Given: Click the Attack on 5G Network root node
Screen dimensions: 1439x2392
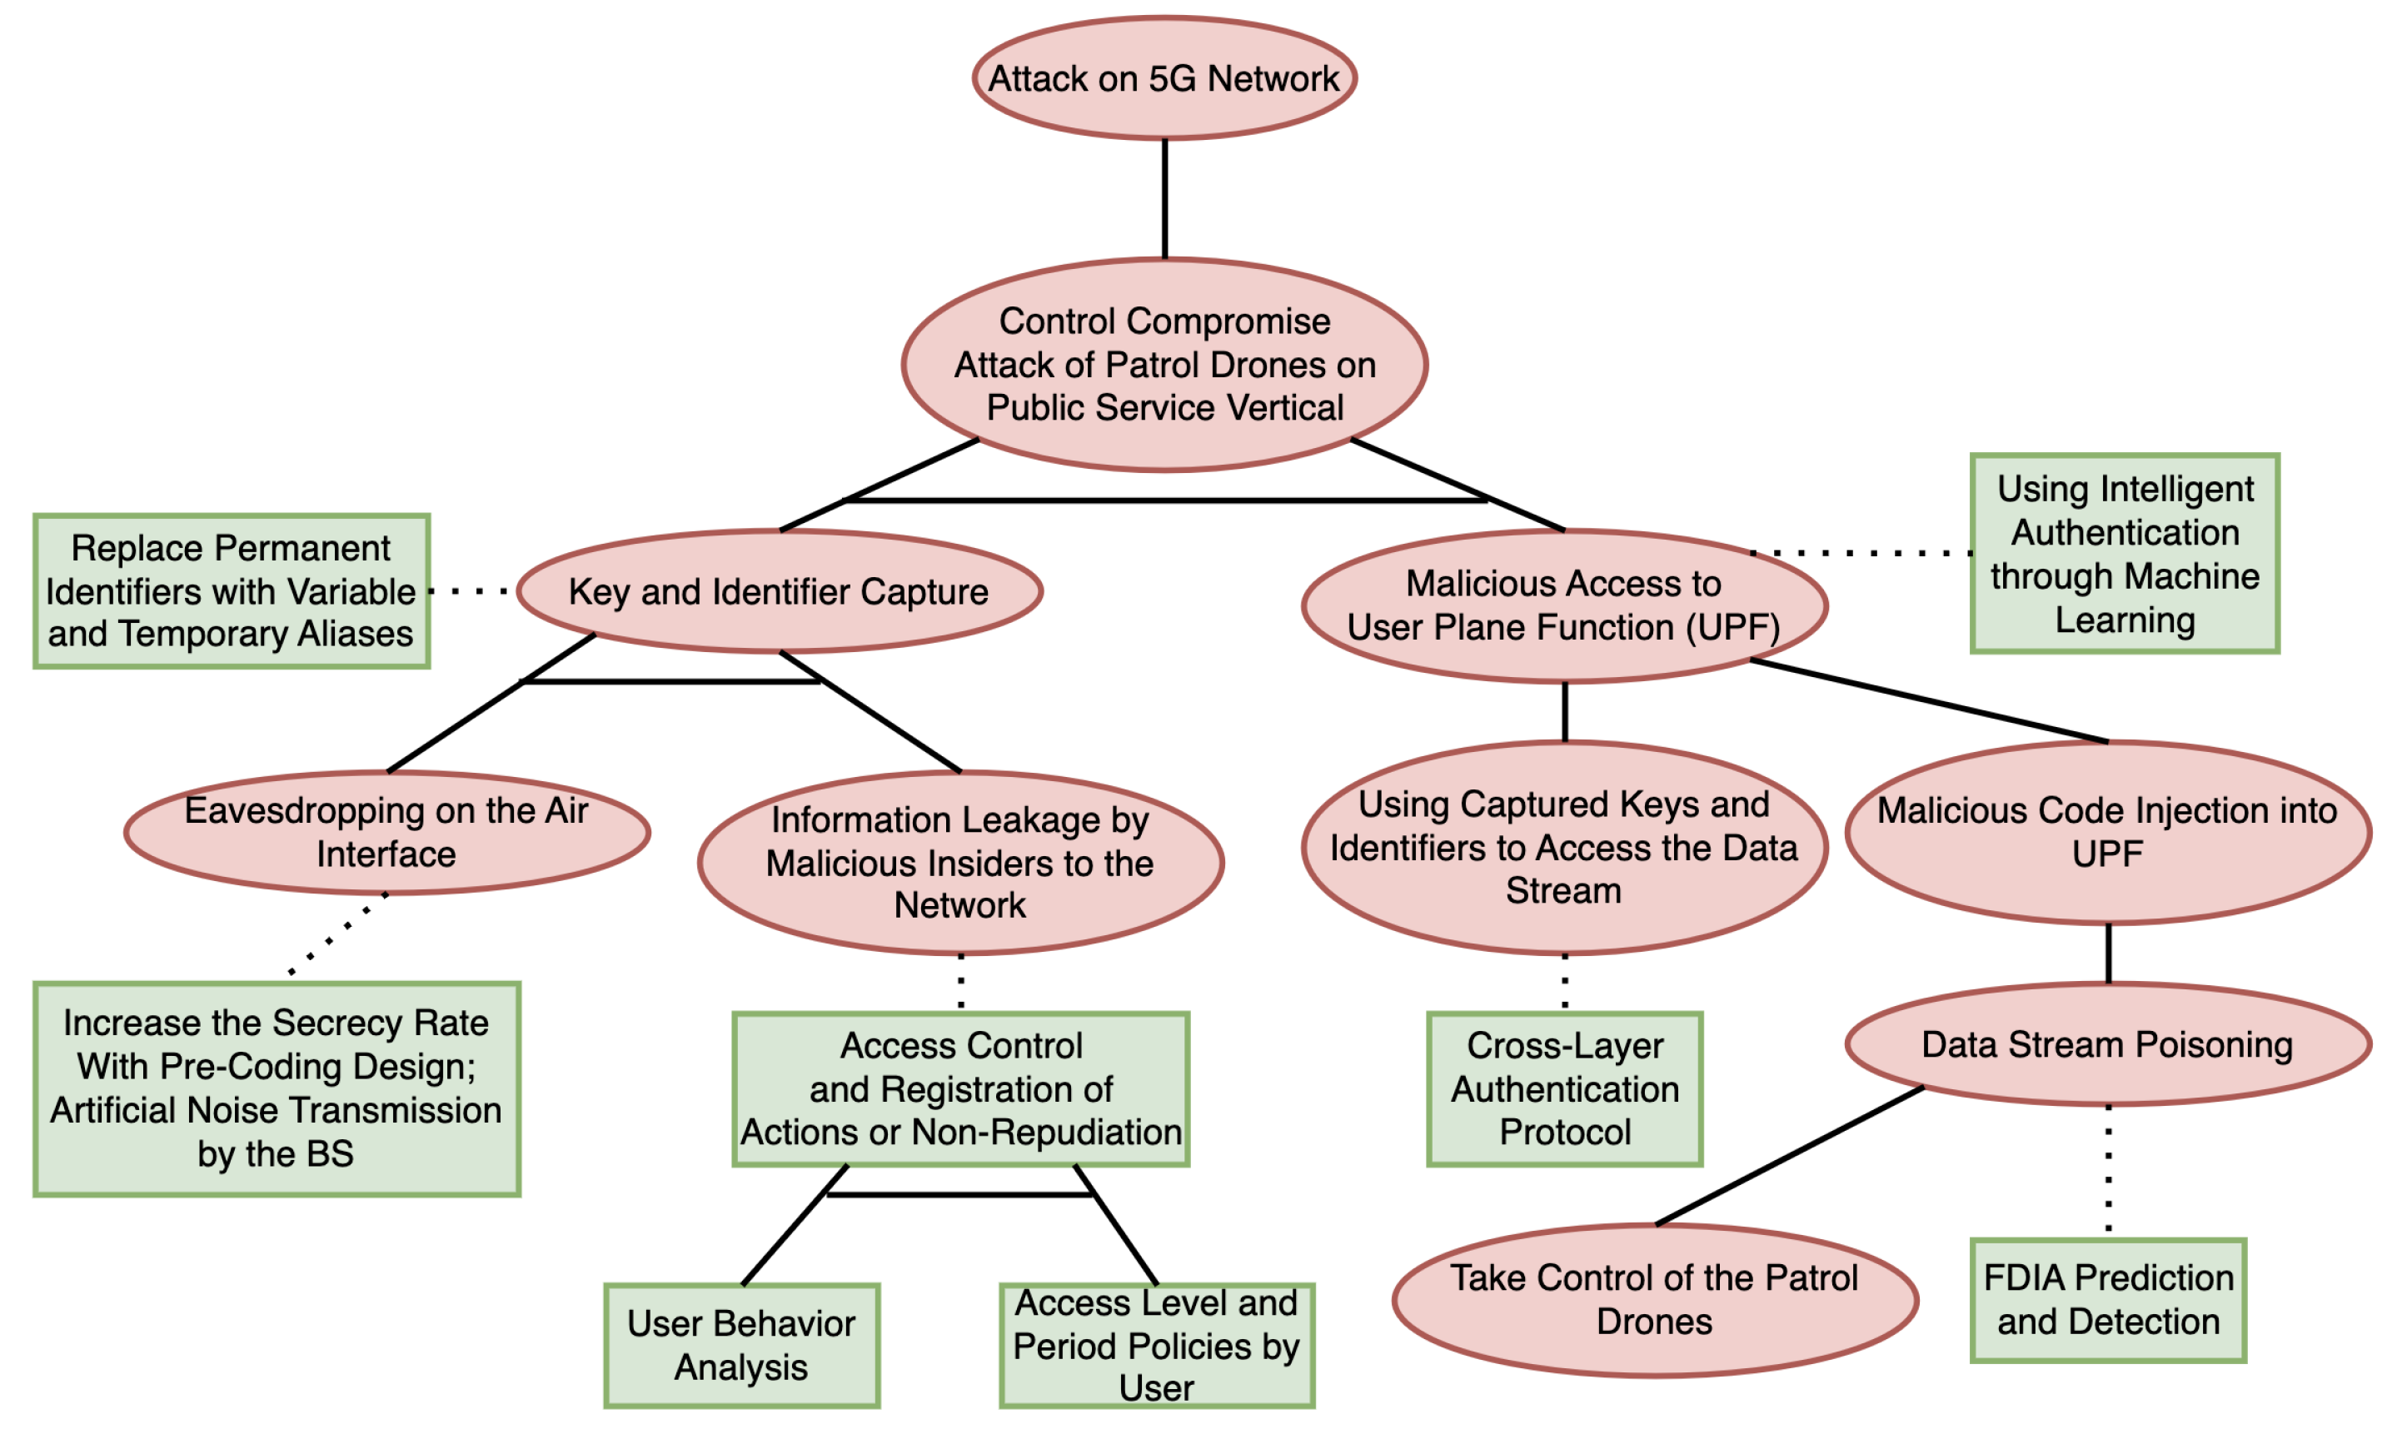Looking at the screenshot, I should [1164, 77].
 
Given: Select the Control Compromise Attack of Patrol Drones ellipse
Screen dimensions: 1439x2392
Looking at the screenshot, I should [1164, 365].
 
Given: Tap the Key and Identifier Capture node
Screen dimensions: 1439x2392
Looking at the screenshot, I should [779, 590].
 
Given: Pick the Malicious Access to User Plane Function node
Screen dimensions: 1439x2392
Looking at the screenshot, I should [1563, 605].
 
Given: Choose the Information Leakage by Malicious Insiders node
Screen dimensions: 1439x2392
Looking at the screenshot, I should [960, 862].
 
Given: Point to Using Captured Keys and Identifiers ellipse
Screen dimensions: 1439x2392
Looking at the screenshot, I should [1563, 847].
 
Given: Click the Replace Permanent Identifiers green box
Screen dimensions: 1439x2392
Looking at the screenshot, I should [231, 590].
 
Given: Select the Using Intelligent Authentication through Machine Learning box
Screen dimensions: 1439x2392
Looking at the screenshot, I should [2124, 554].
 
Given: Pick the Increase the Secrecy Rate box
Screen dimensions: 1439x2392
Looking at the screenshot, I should [277, 1089].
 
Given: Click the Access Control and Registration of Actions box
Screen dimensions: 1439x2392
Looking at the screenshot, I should [960, 1089].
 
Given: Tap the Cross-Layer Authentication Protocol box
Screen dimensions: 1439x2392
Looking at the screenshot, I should [1564, 1089].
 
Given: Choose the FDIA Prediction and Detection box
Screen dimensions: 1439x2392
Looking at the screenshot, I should [2107, 1299].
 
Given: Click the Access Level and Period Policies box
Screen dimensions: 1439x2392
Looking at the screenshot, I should [1156, 1345].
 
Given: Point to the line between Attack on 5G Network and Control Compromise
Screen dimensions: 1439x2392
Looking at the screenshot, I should [1164, 199].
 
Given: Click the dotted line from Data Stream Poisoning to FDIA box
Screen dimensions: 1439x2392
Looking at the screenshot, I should [2107, 1168].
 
